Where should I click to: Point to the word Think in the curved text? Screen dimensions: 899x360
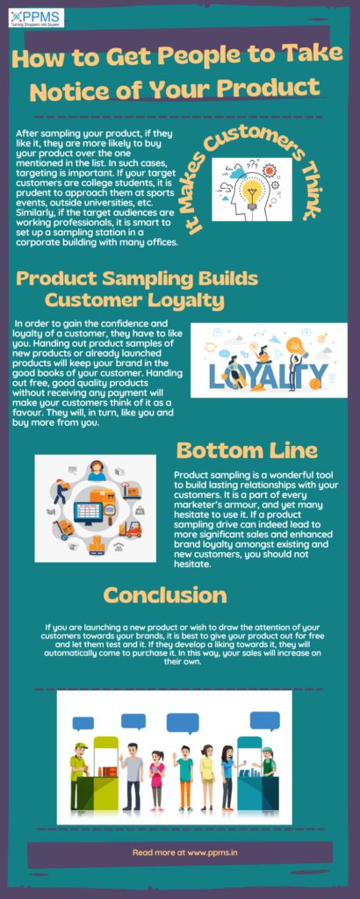coord(304,191)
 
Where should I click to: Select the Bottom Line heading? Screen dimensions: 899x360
coord(247,450)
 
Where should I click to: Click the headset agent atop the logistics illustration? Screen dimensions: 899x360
coord(96,471)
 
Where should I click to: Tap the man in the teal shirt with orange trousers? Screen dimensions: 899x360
coord(184,777)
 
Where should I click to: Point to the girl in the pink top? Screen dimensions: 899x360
coord(157,780)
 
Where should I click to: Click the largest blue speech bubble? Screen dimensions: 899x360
coord(182,723)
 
